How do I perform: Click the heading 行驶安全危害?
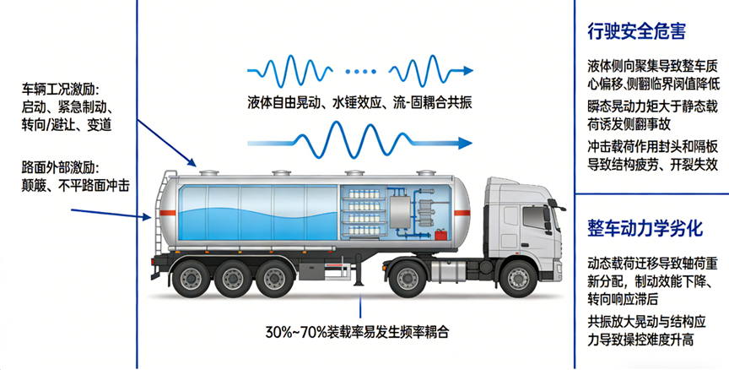pyautogui.click(x=636, y=31)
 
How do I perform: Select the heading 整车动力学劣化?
pyautogui.click(x=645, y=228)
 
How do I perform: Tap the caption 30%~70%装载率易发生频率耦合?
pyautogui.click(x=358, y=332)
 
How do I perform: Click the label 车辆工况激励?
pyautogui.click(x=61, y=89)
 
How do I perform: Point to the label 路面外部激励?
pyautogui.click(x=61, y=167)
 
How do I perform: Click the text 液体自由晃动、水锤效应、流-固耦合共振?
pyautogui.click(x=359, y=102)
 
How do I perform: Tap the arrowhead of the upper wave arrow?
pyautogui.click(x=467, y=71)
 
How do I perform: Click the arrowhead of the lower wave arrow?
pyautogui.click(x=466, y=143)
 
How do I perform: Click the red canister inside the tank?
pyautogui.click(x=440, y=233)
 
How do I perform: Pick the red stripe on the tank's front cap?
pyautogui.click(x=462, y=213)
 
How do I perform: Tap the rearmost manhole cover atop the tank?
pyautogui.click(x=208, y=173)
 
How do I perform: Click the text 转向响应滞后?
pyautogui.click(x=623, y=299)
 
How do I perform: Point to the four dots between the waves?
pyautogui.click(x=360, y=71)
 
